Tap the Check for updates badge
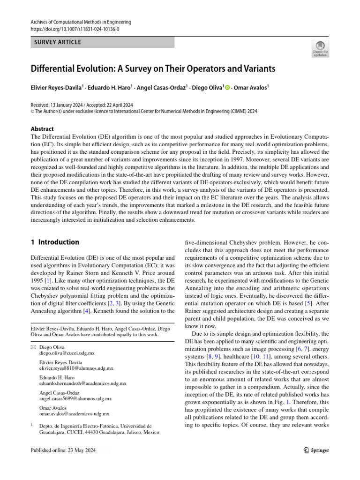click(320, 49)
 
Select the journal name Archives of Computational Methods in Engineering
click(81, 22)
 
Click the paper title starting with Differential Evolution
click(152, 69)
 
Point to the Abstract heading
click(42, 129)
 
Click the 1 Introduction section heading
click(55, 242)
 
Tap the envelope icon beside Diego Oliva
click(33, 347)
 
